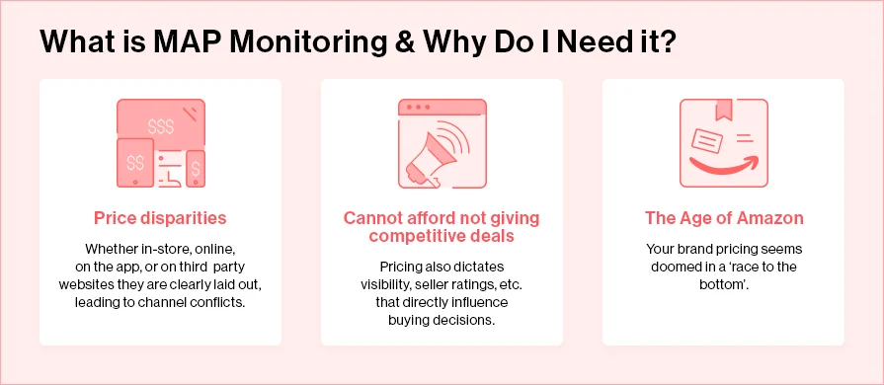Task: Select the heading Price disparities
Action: [160, 217]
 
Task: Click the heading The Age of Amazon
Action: [723, 217]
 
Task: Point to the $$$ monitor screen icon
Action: [159, 125]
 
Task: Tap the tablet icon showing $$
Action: [135, 162]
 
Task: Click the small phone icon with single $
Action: [196, 167]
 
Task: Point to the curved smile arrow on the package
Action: [723, 165]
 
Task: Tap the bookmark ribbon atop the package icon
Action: [725, 110]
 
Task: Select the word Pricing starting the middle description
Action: [403, 266]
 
